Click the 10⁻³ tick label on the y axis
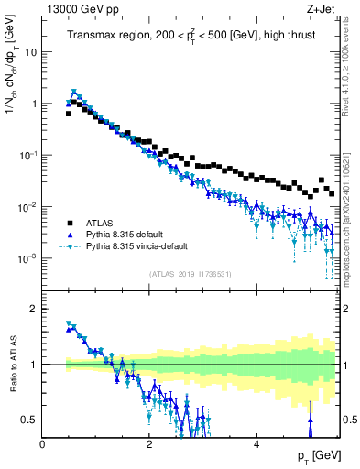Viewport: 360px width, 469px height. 29,258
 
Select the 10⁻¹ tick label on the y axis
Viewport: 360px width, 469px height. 29,156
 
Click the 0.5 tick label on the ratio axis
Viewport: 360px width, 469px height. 30,420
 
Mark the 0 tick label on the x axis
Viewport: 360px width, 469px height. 43,444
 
